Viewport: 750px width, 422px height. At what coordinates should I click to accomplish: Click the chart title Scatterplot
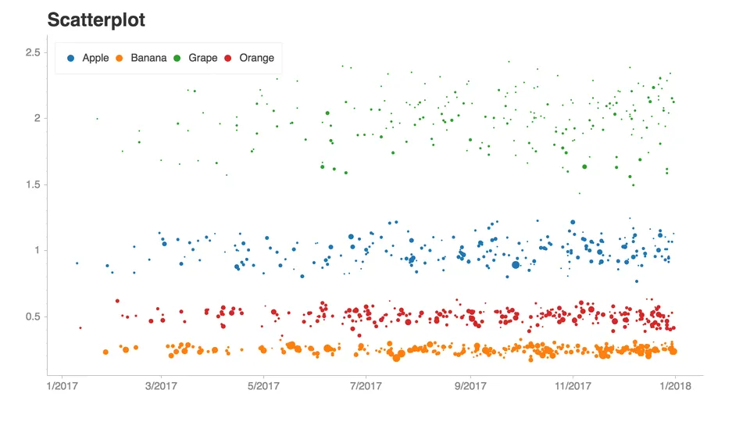click(x=96, y=20)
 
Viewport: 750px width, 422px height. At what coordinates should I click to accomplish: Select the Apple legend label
click(x=95, y=58)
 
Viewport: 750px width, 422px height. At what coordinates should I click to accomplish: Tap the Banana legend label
click(x=148, y=58)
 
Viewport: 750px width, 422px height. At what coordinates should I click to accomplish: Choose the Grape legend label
click(x=203, y=58)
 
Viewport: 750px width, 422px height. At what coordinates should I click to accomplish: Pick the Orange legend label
click(x=257, y=58)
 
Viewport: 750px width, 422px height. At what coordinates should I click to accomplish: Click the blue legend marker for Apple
click(x=71, y=59)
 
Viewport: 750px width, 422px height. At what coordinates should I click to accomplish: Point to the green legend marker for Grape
click(x=177, y=59)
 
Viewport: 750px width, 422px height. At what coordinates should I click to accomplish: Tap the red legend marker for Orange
click(x=228, y=59)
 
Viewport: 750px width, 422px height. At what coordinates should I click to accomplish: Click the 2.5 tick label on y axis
click(x=33, y=52)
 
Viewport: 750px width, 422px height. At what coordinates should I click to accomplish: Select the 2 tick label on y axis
click(x=37, y=118)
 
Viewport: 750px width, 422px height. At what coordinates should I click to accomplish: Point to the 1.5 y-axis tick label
click(x=33, y=184)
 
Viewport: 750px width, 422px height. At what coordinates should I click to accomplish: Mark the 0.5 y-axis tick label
click(x=33, y=316)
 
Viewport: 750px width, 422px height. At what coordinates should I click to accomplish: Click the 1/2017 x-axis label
click(x=62, y=385)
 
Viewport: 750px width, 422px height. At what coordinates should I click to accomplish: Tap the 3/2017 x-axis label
click(x=161, y=385)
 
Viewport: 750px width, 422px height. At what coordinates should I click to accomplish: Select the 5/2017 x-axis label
click(x=263, y=385)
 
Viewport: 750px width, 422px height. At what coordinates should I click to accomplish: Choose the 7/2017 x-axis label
click(x=366, y=385)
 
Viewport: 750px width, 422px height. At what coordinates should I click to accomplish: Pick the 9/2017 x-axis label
click(x=470, y=385)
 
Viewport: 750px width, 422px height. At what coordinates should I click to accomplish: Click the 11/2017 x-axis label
click(x=573, y=385)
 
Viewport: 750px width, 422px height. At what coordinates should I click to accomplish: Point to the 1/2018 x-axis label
click(x=675, y=385)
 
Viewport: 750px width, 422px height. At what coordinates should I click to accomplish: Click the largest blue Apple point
click(x=515, y=265)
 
